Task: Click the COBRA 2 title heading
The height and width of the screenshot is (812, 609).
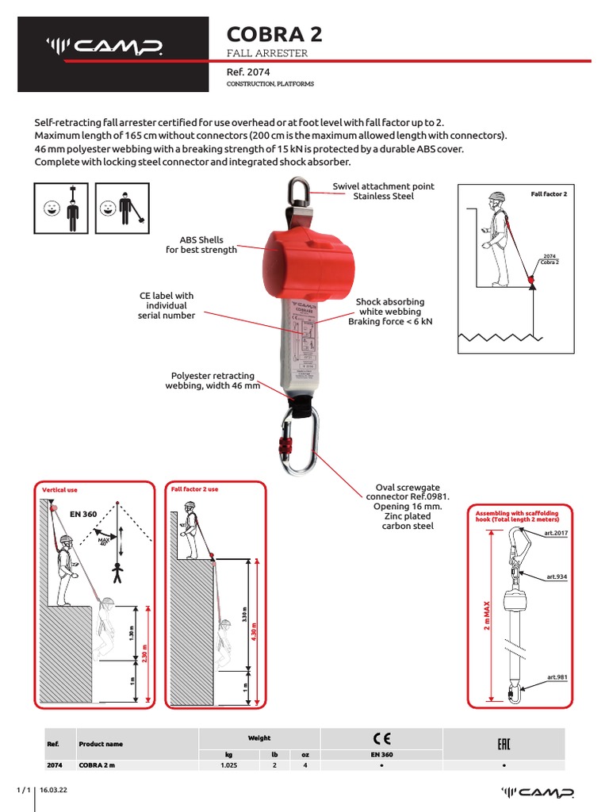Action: click(274, 34)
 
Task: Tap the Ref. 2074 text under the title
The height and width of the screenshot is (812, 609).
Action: click(249, 71)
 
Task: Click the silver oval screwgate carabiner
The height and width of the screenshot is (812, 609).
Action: click(297, 441)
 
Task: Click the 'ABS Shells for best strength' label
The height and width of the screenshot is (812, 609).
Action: click(201, 245)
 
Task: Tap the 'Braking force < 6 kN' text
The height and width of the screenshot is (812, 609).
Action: click(390, 323)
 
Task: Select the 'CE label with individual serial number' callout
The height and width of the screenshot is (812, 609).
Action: click(166, 305)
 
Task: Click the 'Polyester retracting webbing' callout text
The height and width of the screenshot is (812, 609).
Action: click(213, 381)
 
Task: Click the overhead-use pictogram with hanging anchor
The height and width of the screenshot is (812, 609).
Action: click(62, 209)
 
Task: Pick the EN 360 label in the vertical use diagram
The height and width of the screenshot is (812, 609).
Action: click(83, 514)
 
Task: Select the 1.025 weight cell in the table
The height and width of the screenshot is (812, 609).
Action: click(228, 766)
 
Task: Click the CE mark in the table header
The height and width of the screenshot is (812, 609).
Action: click(381, 737)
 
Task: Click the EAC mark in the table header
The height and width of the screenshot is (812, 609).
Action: click(504, 743)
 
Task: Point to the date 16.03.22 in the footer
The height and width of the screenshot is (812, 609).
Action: click(52, 791)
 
